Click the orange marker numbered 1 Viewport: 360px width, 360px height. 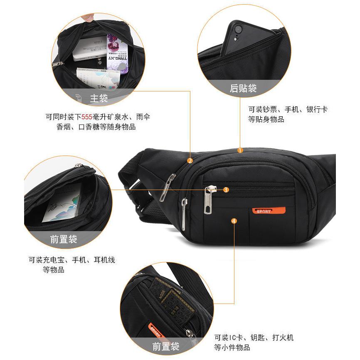pos(240,150)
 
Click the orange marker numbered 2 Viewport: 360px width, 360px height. pos(190,160)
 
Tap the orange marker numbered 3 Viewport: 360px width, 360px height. pos(226,190)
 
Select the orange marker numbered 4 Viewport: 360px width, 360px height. pos(234,221)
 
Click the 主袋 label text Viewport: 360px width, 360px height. pos(99,99)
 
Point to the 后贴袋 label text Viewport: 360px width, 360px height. pos(243,88)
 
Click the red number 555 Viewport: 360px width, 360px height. pos(87,117)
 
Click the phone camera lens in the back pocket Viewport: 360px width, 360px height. pos(238,30)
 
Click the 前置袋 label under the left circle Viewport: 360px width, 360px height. pos(64,239)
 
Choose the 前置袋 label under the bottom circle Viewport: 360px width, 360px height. pos(165,346)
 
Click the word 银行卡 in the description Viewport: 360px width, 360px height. pos(317,109)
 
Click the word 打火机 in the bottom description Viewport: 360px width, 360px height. pos(283,337)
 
